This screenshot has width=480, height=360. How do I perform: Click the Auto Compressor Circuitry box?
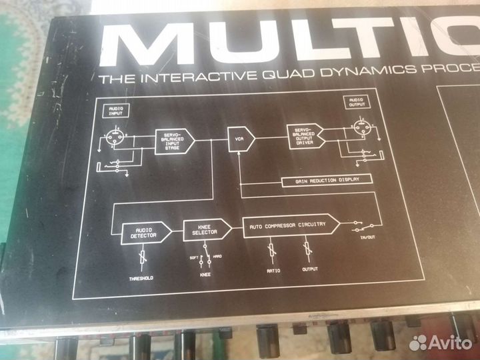(x=287, y=225)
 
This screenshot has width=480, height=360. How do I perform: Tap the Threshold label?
(x=141, y=277)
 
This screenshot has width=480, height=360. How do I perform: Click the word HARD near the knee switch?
(x=217, y=256)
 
